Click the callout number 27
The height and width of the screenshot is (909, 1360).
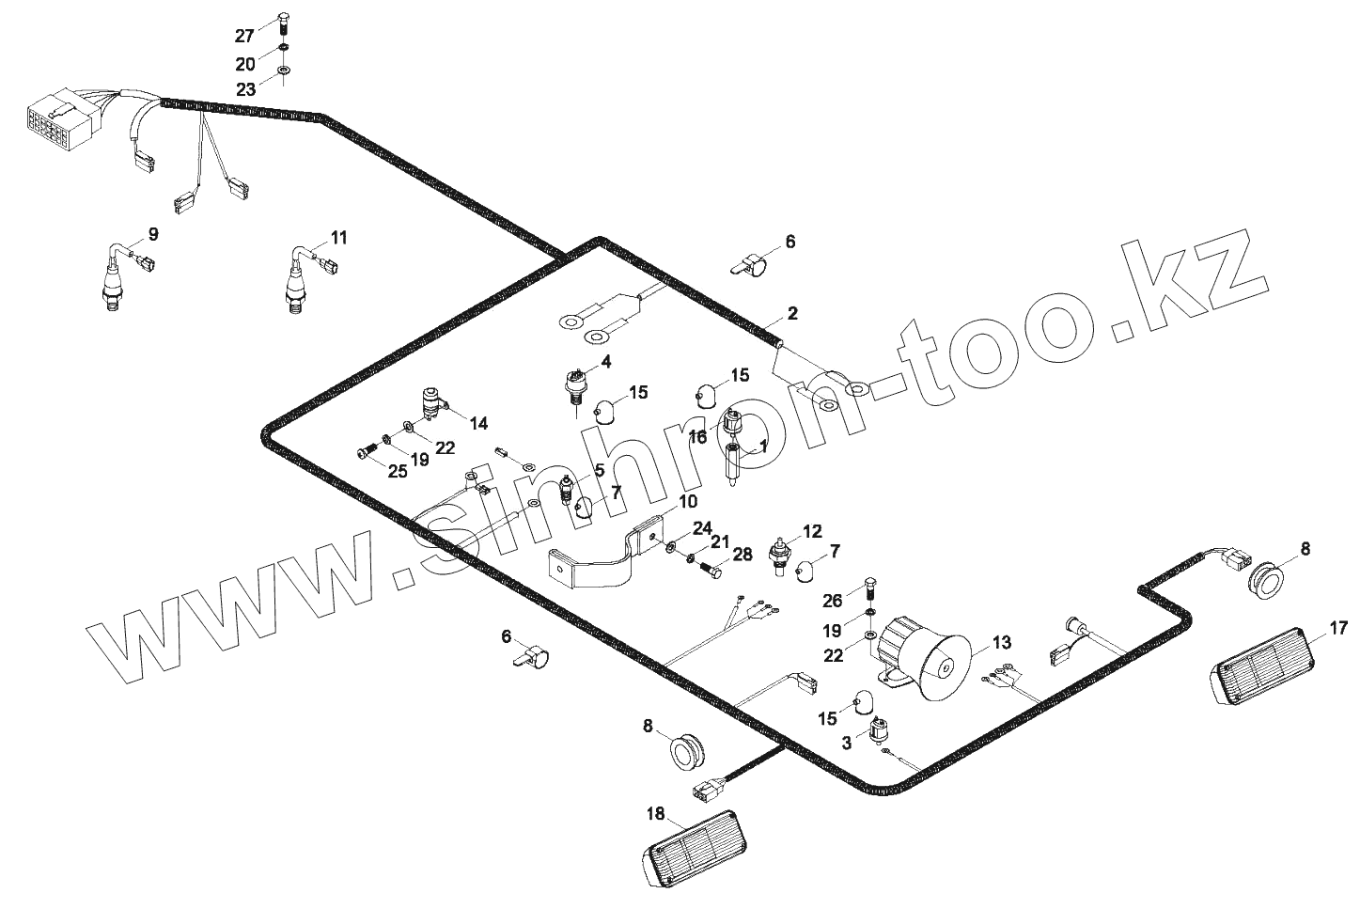coord(244,37)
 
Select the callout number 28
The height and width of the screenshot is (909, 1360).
coord(743,556)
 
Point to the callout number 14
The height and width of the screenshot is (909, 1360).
coord(478,424)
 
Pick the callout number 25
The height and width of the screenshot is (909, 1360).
coord(398,471)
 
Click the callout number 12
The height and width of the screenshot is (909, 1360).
coord(812,530)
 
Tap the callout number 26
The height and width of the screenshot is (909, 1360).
coord(833,599)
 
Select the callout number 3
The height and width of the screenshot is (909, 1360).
coord(847,743)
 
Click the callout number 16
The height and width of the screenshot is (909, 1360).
coord(697,437)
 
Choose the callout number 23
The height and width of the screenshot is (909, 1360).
coord(245,89)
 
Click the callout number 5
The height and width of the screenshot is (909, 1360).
coord(599,470)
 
